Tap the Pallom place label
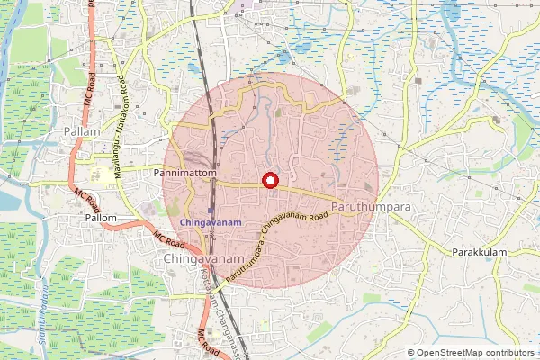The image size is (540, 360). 100,218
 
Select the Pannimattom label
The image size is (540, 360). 186,170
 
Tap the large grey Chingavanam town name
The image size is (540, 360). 205,259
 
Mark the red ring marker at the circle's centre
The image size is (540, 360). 268,180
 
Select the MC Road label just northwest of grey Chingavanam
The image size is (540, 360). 168,239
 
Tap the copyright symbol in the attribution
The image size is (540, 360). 411,353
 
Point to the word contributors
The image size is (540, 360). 508,353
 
